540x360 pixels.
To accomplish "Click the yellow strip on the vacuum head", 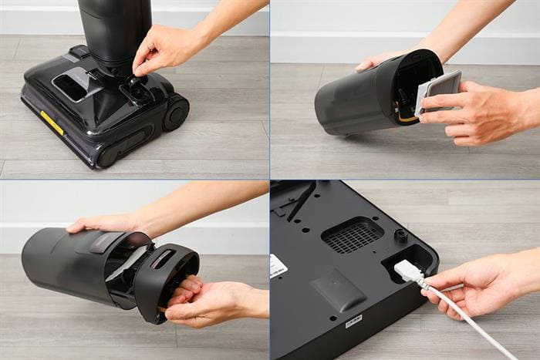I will click(51, 123).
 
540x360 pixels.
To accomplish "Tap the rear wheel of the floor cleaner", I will click(176, 113).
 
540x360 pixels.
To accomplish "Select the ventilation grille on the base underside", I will click(352, 234).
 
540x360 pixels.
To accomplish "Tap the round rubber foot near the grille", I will click(400, 235).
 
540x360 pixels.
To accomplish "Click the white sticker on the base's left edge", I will click(278, 267).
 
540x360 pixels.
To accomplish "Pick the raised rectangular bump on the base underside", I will click(337, 290).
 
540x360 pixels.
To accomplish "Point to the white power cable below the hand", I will click(478, 323).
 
